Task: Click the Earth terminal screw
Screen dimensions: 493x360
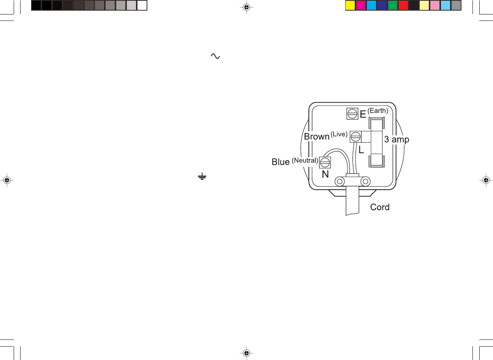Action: [x=352, y=114]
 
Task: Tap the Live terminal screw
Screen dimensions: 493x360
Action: [x=356, y=137]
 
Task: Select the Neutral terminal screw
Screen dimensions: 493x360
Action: [x=325, y=163]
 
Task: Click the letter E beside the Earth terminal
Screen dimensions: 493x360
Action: [x=363, y=114]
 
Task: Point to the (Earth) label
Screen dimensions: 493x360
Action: [x=378, y=111]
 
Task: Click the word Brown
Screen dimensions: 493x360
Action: [x=316, y=136]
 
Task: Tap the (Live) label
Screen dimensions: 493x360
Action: [x=339, y=134]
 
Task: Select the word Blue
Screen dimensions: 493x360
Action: [x=281, y=162]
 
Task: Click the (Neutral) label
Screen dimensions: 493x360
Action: [x=305, y=160]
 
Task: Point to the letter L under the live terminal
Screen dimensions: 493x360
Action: [x=361, y=150]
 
